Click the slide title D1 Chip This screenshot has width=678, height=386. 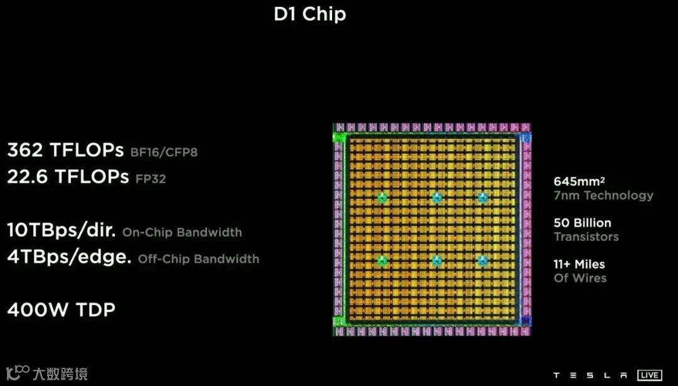[x=309, y=14]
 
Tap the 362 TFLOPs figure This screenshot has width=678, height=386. [x=65, y=151]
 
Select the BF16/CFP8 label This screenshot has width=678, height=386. [x=164, y=153]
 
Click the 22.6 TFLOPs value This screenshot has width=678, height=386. [x=68, y=177]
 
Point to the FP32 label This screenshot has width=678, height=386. [x=151, y=179]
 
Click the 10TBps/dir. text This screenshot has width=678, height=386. [x=62, y=230]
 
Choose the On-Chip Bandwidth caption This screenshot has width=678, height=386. [x=182, y=232]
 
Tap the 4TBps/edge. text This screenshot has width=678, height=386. [x=69, y=257]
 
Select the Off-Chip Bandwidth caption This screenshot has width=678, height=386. [x=198, y=259]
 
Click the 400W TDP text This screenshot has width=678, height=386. [x=62, y=309]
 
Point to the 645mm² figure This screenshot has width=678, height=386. [x=579, y=181]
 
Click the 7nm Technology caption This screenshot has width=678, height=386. [x=603, y=195]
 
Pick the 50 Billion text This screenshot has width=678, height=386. [x=582, y=223]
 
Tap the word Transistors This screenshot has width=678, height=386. [x=586, y=237]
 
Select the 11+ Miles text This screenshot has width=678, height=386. [x=579, y=264]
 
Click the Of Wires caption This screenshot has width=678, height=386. [x=580, y=278]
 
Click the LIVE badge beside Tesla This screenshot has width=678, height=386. [x=649, y=375]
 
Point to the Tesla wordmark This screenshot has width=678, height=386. [x=591, y=375]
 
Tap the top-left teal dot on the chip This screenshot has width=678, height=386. [x=382, y=198]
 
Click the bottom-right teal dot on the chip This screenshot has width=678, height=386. [x=482, y=260]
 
